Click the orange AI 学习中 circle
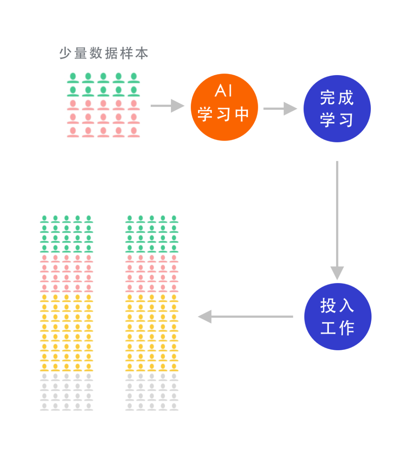click(224, 107)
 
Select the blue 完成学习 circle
click(337, 109)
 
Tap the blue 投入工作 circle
click(338, 316)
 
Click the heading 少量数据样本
click(104, 53)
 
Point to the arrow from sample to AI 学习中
click(167, 106)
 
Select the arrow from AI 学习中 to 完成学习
click(280, 109)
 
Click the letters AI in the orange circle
click(224, 91)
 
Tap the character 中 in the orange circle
click(242, 114)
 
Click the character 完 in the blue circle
click(328, 98)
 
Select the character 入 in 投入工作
click(346, 305)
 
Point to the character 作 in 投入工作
click(346, 328)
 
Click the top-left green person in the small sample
click(73, 78)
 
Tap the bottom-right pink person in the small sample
click(134, 132)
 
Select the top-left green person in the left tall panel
click(44, 220)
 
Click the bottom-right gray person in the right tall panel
click(174, 407)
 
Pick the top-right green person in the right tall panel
click(174, 220)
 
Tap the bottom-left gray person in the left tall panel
click(44, 407)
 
